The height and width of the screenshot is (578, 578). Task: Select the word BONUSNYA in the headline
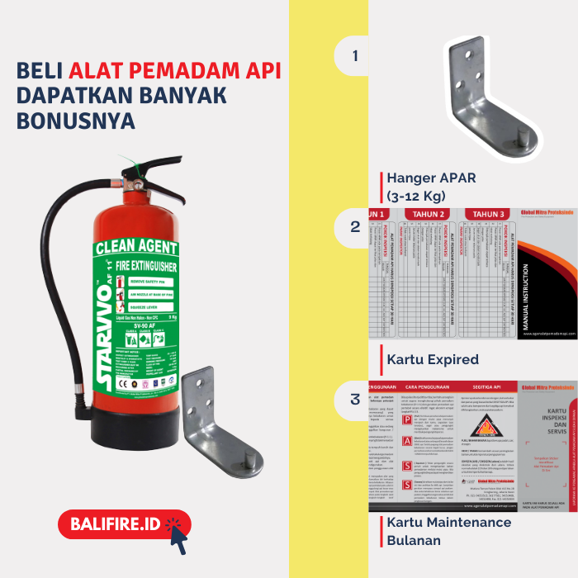click(75, 121)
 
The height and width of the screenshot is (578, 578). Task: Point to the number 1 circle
click(356, 56)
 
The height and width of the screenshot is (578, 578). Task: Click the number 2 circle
click(356, 227)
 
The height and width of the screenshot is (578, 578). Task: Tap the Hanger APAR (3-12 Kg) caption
click(431, 187)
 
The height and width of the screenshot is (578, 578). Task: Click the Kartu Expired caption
click(433, 359)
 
